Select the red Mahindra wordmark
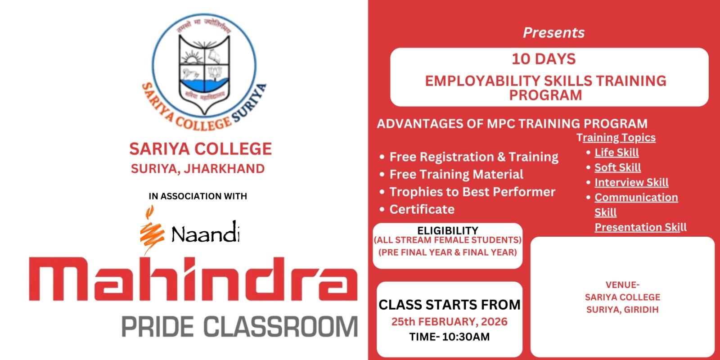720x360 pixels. tap(193, 279)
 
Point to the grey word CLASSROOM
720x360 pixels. tap(281, 327)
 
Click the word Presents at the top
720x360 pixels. tap(553, 32)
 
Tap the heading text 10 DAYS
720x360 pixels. tap(544, 59)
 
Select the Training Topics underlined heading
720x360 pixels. tap(616, 138)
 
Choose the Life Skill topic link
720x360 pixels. tap(616, 153)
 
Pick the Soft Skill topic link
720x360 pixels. tap(617, 167)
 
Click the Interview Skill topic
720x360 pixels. tap(631, 182)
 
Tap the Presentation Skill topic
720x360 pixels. tap(640, 227)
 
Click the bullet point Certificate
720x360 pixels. tap(422, 209)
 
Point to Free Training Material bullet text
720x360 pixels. tap(456, 174)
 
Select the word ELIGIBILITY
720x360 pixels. tap(447, 230)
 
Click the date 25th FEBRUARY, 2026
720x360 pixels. tap(450, 321)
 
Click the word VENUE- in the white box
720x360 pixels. tap(622, 285)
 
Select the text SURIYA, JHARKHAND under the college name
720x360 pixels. tap(198, 169)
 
